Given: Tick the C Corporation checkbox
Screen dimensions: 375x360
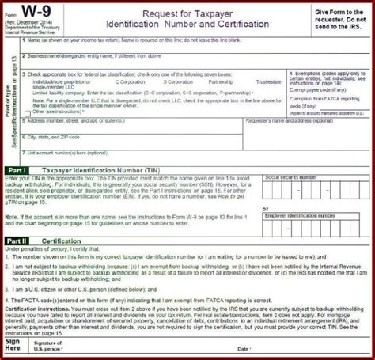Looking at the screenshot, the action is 113,82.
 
